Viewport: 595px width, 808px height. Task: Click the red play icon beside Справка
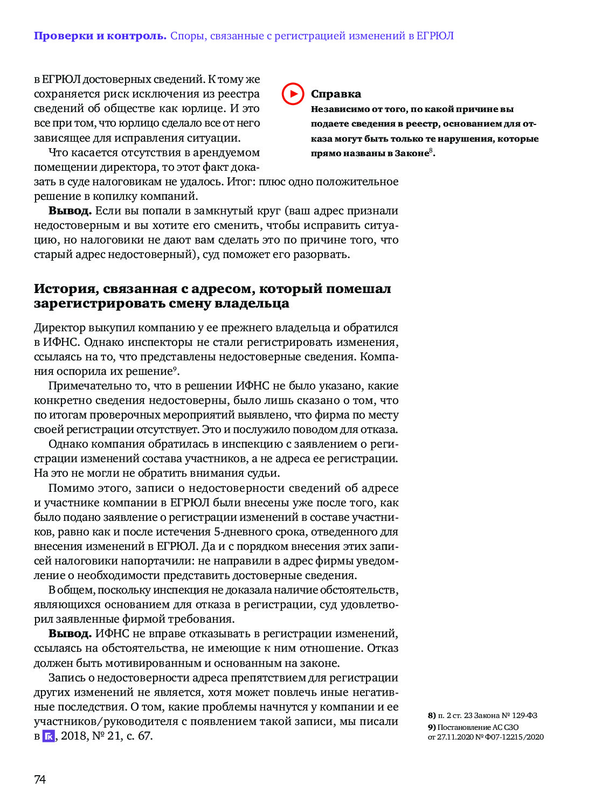293,94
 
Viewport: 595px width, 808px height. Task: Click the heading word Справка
336,94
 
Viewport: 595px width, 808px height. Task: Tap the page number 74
40,779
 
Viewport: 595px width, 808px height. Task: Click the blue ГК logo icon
49,736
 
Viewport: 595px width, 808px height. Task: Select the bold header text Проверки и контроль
100,36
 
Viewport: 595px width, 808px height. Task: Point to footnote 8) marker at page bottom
432,715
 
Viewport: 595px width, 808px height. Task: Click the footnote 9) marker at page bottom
432,727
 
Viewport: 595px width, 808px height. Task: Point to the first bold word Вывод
70,211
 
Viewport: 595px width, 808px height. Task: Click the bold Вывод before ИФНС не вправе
70,634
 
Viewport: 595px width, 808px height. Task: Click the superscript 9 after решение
175,368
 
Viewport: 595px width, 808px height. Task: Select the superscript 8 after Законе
431,150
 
